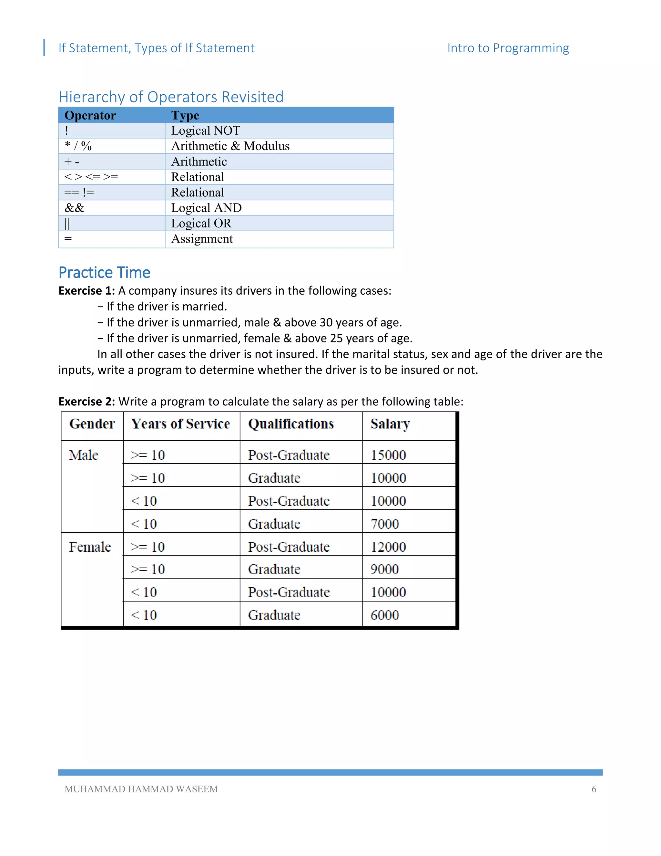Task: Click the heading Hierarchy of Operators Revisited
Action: (171, 97)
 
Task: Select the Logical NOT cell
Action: (205, 130)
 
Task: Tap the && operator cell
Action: (75, 208)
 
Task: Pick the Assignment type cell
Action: (202, 239)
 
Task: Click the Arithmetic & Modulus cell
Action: (230, 146)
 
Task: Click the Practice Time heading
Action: (104, 272)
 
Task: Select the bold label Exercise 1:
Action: (86, 291)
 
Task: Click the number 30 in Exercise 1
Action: (326, 323)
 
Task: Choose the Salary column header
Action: (390, 424)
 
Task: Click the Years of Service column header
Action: (180, 424)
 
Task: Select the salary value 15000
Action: (388, 455)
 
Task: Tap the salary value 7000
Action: (384, 524)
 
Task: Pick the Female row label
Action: (90, 547)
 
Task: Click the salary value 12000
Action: (388, 547)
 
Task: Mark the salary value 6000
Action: (384, 615)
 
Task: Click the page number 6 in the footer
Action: (594, 789)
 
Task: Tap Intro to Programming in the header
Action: (508, 48)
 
